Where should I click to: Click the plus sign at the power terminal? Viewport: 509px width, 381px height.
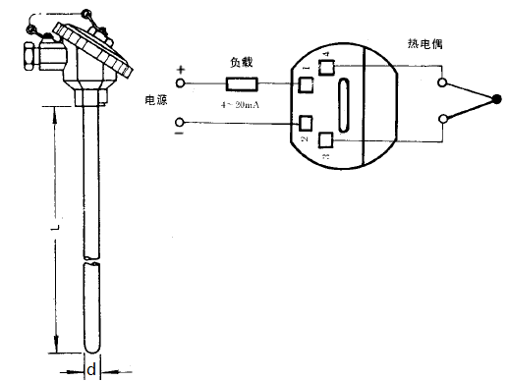(x=180, y=70)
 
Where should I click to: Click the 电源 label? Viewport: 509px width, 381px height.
(x=156, y=101)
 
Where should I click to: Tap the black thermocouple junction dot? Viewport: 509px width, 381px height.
(x=497, y=98)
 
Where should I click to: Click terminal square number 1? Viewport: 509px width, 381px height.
(x=305, y=84)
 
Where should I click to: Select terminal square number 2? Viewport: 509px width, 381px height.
(x=305, y=124)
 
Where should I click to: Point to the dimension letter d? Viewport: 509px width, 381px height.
(x=91, y=371)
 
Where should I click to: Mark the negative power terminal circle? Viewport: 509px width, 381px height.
(x=181, y=122)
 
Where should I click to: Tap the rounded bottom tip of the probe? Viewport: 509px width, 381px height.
(x=91, y=350)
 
